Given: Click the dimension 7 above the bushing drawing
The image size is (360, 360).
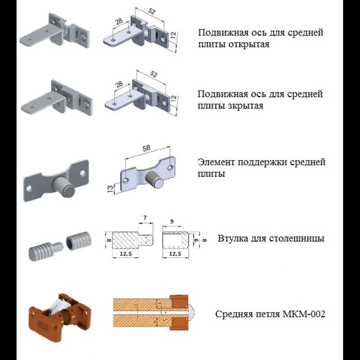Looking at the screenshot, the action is click(145, 218).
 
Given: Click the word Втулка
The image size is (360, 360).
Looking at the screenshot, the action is click(233, 239).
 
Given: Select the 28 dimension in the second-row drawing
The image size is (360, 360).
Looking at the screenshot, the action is click(119, 84).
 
